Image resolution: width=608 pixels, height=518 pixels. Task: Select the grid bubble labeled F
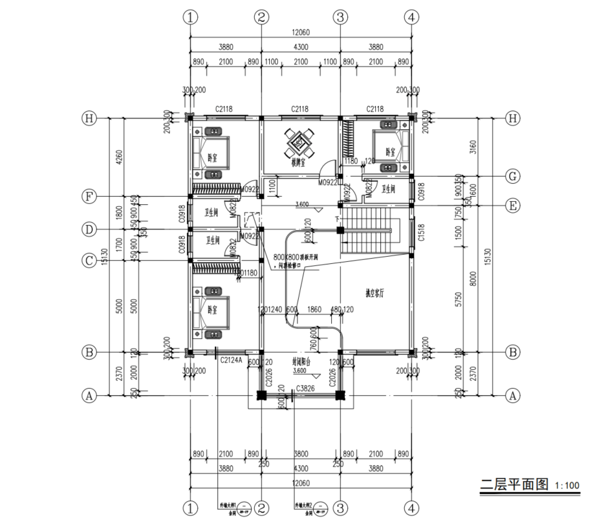pyautogui.click(x=89, y=196)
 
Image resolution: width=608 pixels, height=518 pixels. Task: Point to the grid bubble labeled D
pyautogui.click(x=89, y=229)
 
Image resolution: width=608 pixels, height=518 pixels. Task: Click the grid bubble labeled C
pyautogui.click(x=89, y=261)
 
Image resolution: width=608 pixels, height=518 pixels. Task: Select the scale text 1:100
pyautogui.click(x=567, y=486)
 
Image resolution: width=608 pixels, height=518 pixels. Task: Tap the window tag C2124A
pyautogui.click(x=231, y=360)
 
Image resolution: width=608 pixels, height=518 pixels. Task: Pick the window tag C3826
pyautogui.click(x=305, y=389)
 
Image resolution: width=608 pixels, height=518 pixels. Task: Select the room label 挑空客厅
pyautogui.click(x=375, y=293)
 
